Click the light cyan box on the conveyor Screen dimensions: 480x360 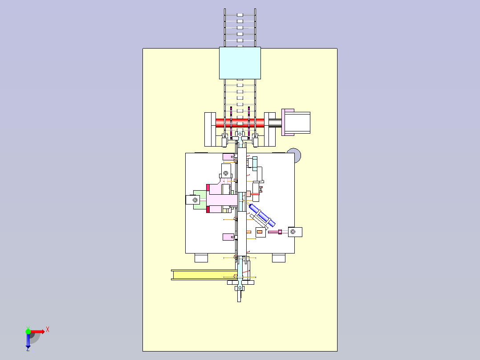pos(240,63)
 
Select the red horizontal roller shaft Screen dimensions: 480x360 pos(240,123)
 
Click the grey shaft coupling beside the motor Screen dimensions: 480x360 pos(275,123)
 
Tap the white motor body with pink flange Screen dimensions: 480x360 pos(296,122)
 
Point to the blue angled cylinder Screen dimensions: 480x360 pos(262,215)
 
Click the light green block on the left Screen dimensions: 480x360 pos(199,200)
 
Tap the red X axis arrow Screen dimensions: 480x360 pos(38,331)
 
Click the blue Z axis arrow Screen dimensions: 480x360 pos(28,340)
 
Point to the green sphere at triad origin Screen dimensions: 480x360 pos(28,331)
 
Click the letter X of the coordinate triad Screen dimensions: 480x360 pos(48,330)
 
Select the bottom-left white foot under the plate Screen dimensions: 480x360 pos(201,258)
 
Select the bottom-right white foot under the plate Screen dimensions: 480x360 pos(279,258)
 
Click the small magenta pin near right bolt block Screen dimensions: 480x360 pos(280,232)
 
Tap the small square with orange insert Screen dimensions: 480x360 pos(260,232)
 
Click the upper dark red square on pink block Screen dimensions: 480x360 pos(208,188)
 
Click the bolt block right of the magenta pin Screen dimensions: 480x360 pos(295,232)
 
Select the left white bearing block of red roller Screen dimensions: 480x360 pos(210,129)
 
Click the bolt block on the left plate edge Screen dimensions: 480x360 pos(193,200)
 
